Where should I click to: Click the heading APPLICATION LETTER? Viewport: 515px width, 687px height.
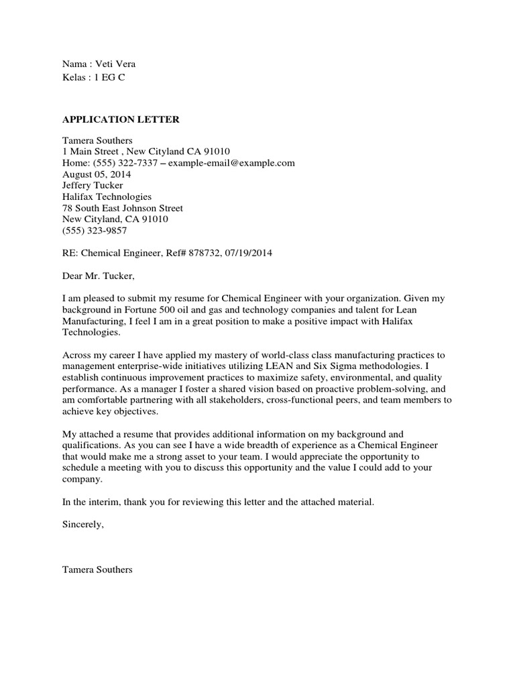[x=121, y=120]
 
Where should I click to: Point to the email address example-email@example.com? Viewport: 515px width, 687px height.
[x=231, y=163]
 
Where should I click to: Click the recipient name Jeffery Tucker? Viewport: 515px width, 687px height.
[x=93, y=185]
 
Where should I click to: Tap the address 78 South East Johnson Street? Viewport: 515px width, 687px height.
[x=122, y=208]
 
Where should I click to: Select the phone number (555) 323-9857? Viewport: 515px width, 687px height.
[x=95, y=230]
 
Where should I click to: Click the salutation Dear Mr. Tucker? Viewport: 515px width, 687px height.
[x=98, y=276]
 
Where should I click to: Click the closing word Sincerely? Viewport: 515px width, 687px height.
[x=83, y=525]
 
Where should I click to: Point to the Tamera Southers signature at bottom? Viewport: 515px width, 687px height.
[x=97, y=570]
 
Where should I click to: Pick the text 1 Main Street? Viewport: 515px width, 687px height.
[x=90, y=152]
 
